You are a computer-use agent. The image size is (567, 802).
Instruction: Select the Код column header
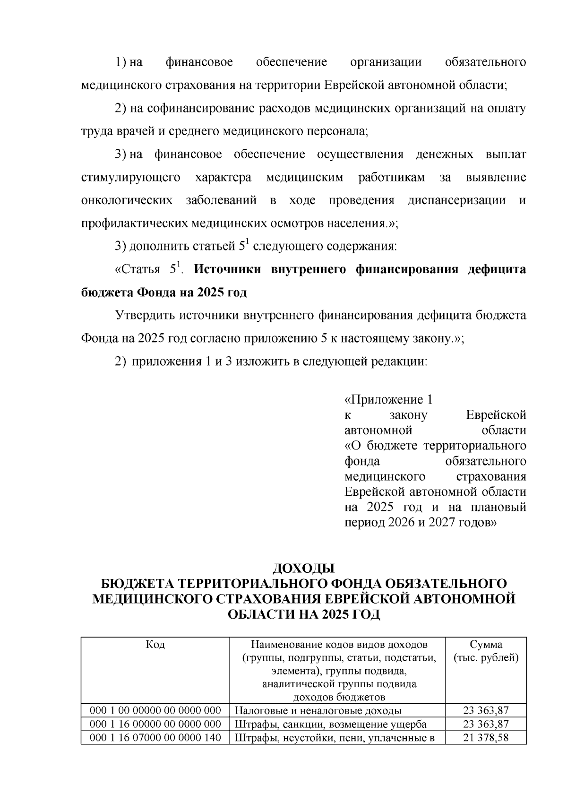coord(155,645)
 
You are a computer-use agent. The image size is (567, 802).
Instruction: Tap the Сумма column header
coord(486,645)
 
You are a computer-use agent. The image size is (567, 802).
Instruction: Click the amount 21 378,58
coord(486,737)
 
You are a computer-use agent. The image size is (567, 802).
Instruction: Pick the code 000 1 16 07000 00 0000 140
coord(155,737)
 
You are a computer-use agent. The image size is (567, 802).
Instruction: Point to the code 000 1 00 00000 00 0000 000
coord(155,710)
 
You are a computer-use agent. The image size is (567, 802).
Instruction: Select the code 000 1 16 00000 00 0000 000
coord(155,724)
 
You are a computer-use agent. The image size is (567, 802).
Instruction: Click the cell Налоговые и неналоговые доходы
coord(318,710)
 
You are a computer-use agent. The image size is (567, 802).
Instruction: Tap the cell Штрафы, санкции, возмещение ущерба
coord(330,724)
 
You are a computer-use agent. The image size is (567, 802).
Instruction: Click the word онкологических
coord(127,200)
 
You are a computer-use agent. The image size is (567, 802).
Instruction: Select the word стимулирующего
coord(131,178)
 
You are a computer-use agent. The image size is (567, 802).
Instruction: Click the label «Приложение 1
coord(388,400)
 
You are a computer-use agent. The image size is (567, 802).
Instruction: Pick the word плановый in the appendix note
coord(498,508)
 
